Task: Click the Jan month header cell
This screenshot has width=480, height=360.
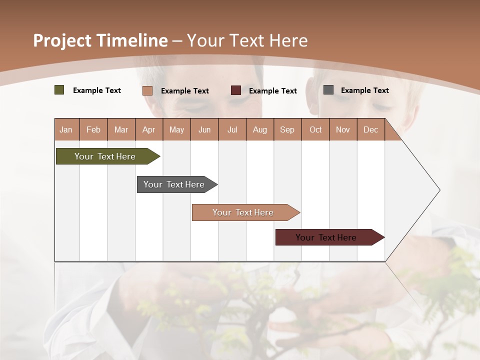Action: coord(66,129)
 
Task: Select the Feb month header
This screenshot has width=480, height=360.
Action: coord(93,129)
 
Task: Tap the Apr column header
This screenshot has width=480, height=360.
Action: coord(148,129)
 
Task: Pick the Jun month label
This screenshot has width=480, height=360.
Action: coord(204,129)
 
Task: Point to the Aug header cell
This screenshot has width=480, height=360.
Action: coord(259,129)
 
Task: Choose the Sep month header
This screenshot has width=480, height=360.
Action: coord(287,129)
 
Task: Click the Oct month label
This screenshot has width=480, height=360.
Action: coord(315,129)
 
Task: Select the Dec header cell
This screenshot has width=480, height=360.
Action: coord(370,129)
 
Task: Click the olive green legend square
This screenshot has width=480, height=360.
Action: coord(59,90)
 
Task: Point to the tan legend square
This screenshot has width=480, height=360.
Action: coord(147,90)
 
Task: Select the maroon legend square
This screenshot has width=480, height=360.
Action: coord(236,90)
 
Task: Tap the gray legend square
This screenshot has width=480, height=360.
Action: coord(328,90)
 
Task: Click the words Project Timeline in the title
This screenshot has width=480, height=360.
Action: coord(100,40)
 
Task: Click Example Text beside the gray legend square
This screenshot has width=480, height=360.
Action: coord(364,90)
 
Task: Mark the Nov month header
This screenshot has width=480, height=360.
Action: coord(342,129)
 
